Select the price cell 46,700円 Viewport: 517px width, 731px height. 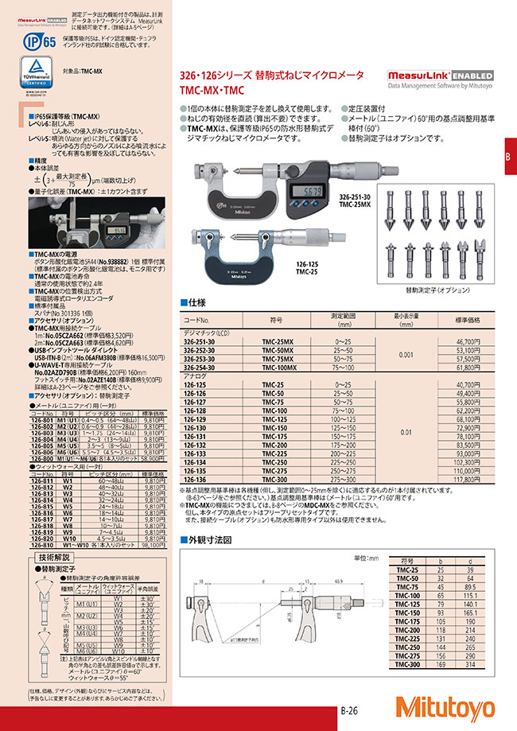pos(466,340)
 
